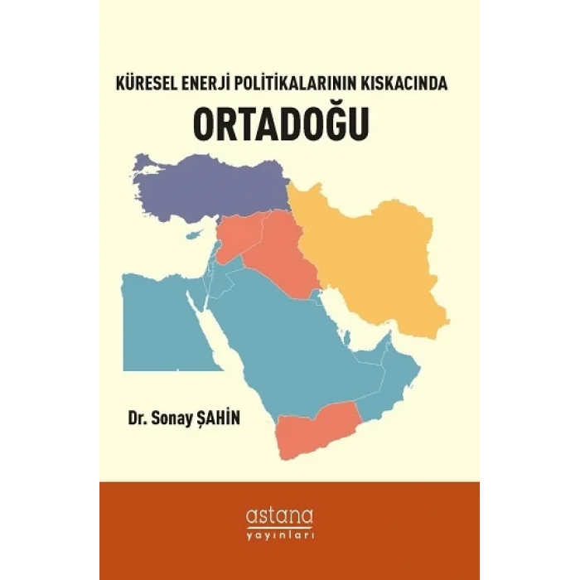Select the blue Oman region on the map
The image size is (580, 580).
click(389, 389)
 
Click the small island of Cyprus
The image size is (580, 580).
click(196, 234)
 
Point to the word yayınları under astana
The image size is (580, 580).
click(290, 535)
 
